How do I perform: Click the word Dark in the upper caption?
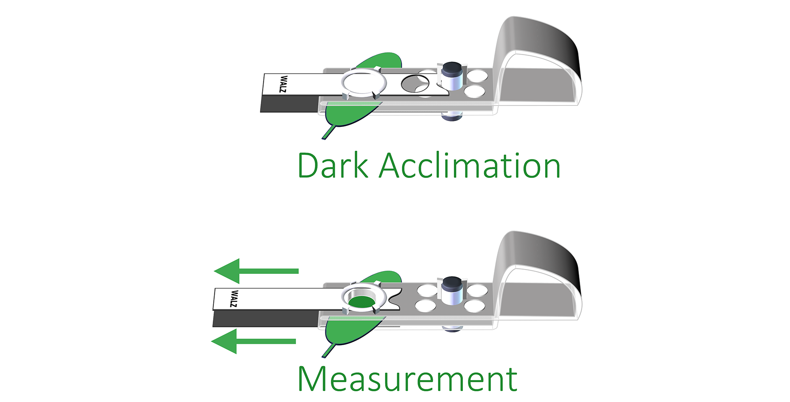(332, 166)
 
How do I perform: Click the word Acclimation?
(469, 166)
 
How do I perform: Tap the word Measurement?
(407, 379)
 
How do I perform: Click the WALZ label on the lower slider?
(234, 298)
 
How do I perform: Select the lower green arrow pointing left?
(253, 341)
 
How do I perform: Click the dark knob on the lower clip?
(452, 282)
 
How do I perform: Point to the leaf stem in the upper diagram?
(329, 133)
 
